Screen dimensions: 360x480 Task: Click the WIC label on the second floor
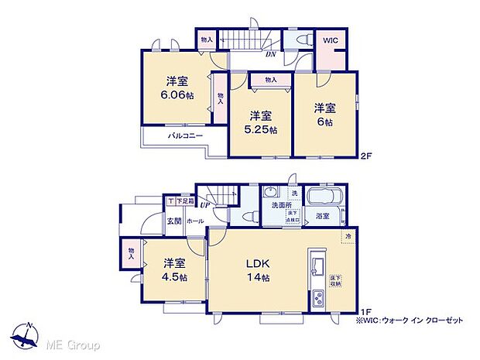coord(330,39)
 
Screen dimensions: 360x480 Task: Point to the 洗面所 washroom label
coord(279,206)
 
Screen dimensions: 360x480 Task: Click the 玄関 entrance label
coord(176,221)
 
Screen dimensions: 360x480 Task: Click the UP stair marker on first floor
coord(205,205)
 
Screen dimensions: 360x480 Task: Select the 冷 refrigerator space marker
coord(348,236)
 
